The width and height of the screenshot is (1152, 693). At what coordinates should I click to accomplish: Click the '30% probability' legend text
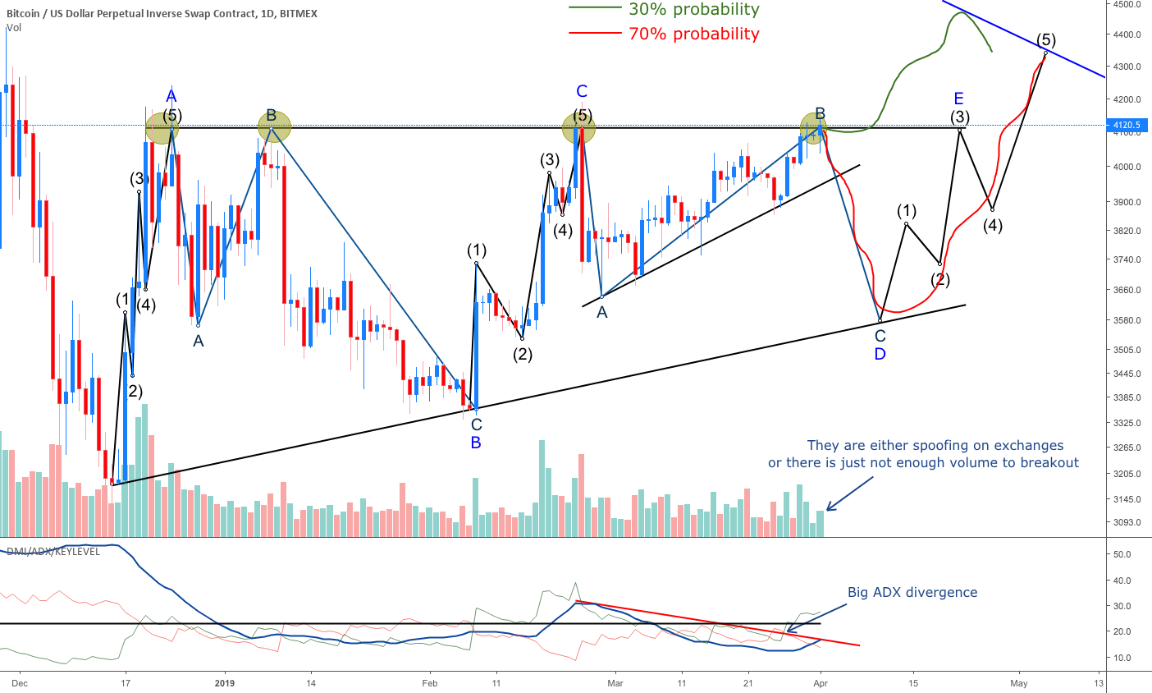pyautogui.click(x=693, y=10)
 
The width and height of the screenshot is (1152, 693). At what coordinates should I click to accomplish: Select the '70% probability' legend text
pyautogui.click(x=693, y=34)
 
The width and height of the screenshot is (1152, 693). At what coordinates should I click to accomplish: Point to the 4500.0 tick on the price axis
pyautogui.click(x=1128, y=4)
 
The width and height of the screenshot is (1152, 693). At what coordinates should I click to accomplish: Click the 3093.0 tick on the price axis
pyautogui.click(x=1128, y=522)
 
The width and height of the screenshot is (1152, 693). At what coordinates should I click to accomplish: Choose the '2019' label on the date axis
pyautogui.click(x=225, y=682)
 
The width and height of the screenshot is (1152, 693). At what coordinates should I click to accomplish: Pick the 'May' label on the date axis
pyautogui.click(x=1018, y=682)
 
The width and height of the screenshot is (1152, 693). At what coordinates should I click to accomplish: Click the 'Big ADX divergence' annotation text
pyautogui.click(x=912, y=592)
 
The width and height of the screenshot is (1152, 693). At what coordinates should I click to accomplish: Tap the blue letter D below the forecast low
pyautogui.click(x=880, y=354)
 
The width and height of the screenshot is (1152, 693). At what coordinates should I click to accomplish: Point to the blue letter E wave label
pyautogui.click(x=958, y=99)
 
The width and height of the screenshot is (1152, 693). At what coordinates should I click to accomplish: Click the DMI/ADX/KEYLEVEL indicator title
pyautogui.click(x=53, y=552)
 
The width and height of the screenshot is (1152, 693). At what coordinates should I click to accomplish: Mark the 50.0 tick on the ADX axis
pyautogui.click(x=1122, y=554)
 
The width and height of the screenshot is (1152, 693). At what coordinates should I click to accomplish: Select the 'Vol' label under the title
pyautogui.click(x=14, y=28)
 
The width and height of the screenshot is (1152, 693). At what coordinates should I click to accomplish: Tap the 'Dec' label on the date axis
pyautogui.click(x=21, y=682)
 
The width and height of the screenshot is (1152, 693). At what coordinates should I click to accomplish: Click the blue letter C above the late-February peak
pyautogui.click(x=582, y=91)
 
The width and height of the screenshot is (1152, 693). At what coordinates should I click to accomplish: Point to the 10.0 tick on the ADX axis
pyautogui.click(x=1122, y=658)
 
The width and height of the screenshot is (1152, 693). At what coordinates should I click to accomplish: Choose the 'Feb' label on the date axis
pyautogui.click(x=429, y=682)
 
